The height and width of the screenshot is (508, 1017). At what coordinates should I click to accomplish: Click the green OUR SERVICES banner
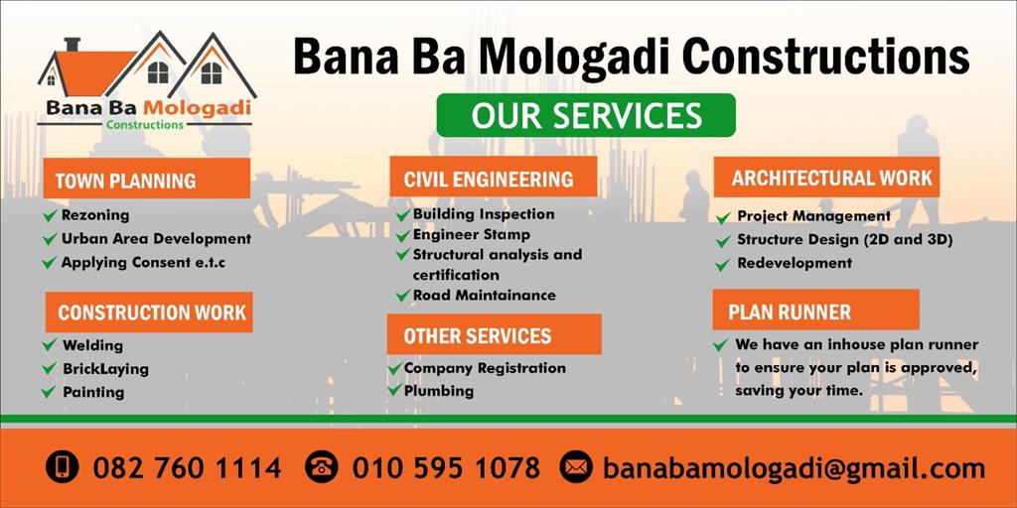[586, 115]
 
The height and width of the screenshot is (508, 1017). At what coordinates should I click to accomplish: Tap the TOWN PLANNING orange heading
[147, 179]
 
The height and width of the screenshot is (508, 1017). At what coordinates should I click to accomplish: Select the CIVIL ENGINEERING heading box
[493, 177]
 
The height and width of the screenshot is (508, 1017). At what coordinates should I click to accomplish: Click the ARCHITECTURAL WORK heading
[826, 177]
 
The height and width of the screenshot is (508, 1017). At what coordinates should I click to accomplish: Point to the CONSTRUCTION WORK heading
[149, 313]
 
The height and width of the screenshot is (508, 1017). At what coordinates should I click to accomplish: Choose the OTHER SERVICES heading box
[495, 334]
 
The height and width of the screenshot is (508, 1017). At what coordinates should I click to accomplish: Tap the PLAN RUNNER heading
[816, 310]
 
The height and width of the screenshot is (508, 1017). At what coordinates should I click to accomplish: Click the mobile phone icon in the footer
[63, 466]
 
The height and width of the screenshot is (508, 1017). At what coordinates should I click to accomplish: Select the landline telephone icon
[322, 466]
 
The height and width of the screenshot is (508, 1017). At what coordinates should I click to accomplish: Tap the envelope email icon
[577, 466]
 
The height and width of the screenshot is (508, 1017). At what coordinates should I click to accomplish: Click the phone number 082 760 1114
[187, 467]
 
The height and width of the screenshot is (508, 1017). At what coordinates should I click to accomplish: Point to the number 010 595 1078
[446, 467]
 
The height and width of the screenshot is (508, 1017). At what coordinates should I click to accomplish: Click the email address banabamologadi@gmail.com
[794, 468]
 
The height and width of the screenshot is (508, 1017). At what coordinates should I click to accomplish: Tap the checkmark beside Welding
[50, 344]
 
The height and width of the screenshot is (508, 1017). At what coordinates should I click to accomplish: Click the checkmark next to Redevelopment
[723, 264]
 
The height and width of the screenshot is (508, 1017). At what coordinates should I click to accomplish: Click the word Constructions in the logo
[145, 124]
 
